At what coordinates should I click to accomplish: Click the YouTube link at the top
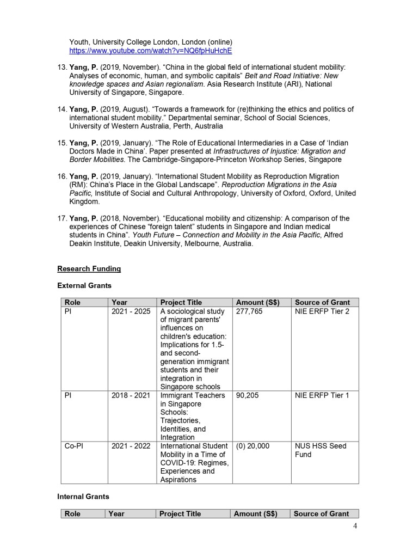tap(150, 51)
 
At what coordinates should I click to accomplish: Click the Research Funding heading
tap(89, 268)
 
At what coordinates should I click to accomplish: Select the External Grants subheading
tap(84, 285)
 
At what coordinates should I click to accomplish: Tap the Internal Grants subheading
tap(83, 497)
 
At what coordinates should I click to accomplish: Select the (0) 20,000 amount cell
tap(253, 446)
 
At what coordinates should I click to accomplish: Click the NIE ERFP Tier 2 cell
tap(322, 311)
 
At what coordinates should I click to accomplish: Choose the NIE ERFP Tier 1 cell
tap(322, 395)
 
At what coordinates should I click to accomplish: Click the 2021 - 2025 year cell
tap(131, 311)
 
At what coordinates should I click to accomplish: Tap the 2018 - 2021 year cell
tap(131, 395)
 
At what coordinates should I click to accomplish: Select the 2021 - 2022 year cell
tap(131, 446)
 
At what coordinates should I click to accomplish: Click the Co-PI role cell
tap(74, 446)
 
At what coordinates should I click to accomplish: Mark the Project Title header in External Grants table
tap(181, 302)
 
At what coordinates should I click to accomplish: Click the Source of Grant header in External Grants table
tap(323, 302)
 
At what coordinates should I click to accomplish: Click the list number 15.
tap(61, 143)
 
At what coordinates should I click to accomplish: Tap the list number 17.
tap(61, 218)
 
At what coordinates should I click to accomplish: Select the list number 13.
tap(61, 67)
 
